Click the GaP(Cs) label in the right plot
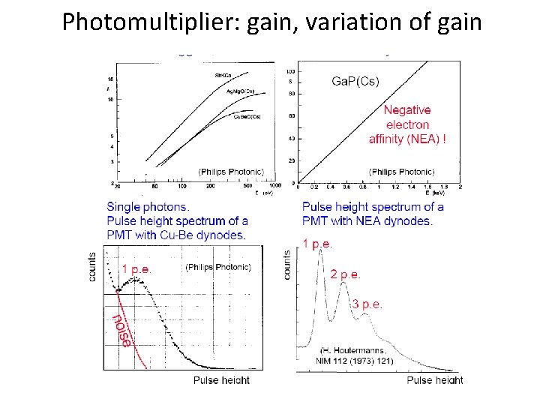(x=356, y=80)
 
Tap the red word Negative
(x=408, y=110)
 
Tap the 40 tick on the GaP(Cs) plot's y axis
(x=291, y=139)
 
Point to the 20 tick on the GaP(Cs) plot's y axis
(x=291, y=161)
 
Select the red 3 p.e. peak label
(x=367, y=304)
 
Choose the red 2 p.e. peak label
(x=346, y=274)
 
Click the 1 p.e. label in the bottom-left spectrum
(x=140, y=268)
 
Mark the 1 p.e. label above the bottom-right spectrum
(x=318, y=243)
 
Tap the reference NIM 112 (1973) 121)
(x=354, y=361)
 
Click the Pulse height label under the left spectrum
(x=221, y=381)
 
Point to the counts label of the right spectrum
(x=287, y=265)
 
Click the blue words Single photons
(x=148, y=206)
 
